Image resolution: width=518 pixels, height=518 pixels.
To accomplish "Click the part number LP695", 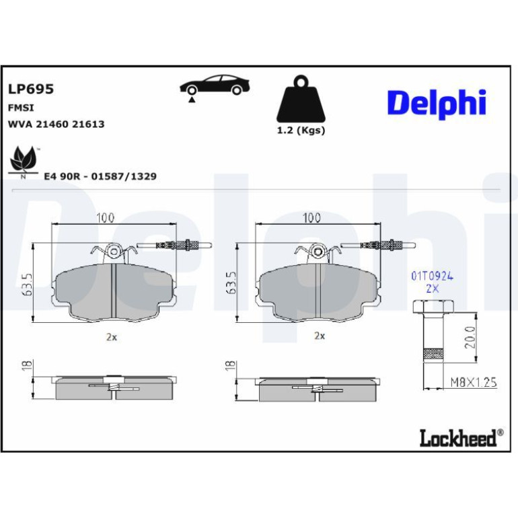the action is [31, 89].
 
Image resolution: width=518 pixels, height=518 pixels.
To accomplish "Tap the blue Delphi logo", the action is [437, 104].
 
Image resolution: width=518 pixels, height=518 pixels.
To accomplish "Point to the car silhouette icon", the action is [215, 86].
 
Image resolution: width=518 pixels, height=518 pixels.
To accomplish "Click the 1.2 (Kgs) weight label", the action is [301, 130].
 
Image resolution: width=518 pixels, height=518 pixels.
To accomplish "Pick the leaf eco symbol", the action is [23, 162].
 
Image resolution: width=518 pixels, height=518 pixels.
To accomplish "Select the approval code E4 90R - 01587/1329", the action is [100, 176].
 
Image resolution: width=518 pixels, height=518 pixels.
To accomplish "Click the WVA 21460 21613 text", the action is [56, 124].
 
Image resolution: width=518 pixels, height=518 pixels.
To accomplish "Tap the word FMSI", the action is [21, 108].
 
